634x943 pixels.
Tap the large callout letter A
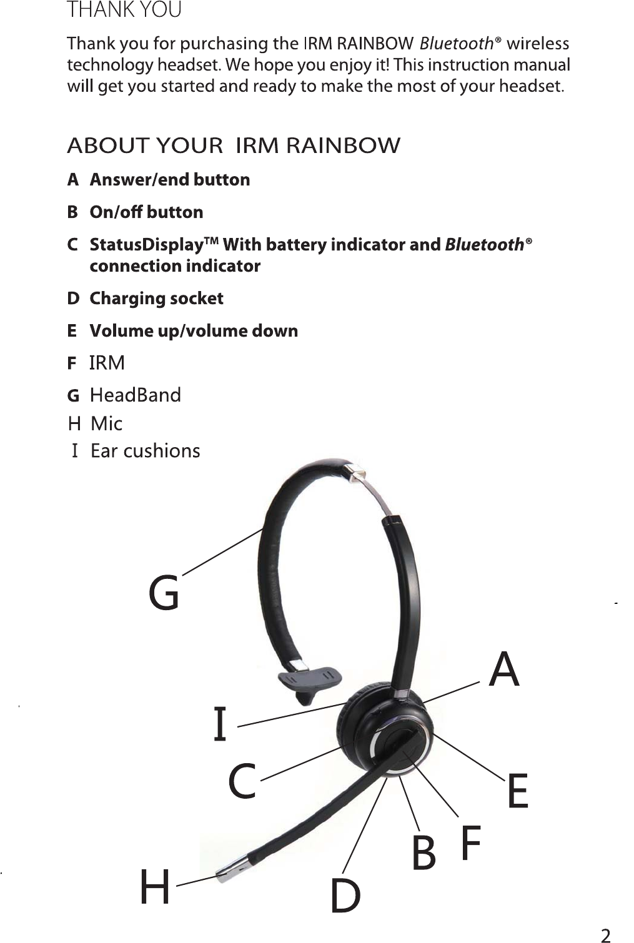tap(504, 669)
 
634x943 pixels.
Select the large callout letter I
tap(219, 724)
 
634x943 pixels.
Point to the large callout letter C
tap(242, 781)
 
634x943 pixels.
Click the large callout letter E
tap(518, 791)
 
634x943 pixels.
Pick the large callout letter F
tap(471, 842)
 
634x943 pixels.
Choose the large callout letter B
tap(424, 853)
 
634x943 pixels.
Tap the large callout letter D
tap(345, 896)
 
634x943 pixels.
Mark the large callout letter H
tap(154, 887)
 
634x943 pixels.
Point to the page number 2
tap(605, 935)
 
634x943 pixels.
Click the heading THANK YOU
tap(124, 11)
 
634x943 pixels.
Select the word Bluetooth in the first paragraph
tap(457, 44)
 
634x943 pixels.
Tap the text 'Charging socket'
tap(156, 299)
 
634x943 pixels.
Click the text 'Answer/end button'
tap(170, 180)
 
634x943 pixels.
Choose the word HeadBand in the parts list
tap(136, 395)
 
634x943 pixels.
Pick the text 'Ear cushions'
tap(146, 451)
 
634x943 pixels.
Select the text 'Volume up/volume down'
tap(194, 331)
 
